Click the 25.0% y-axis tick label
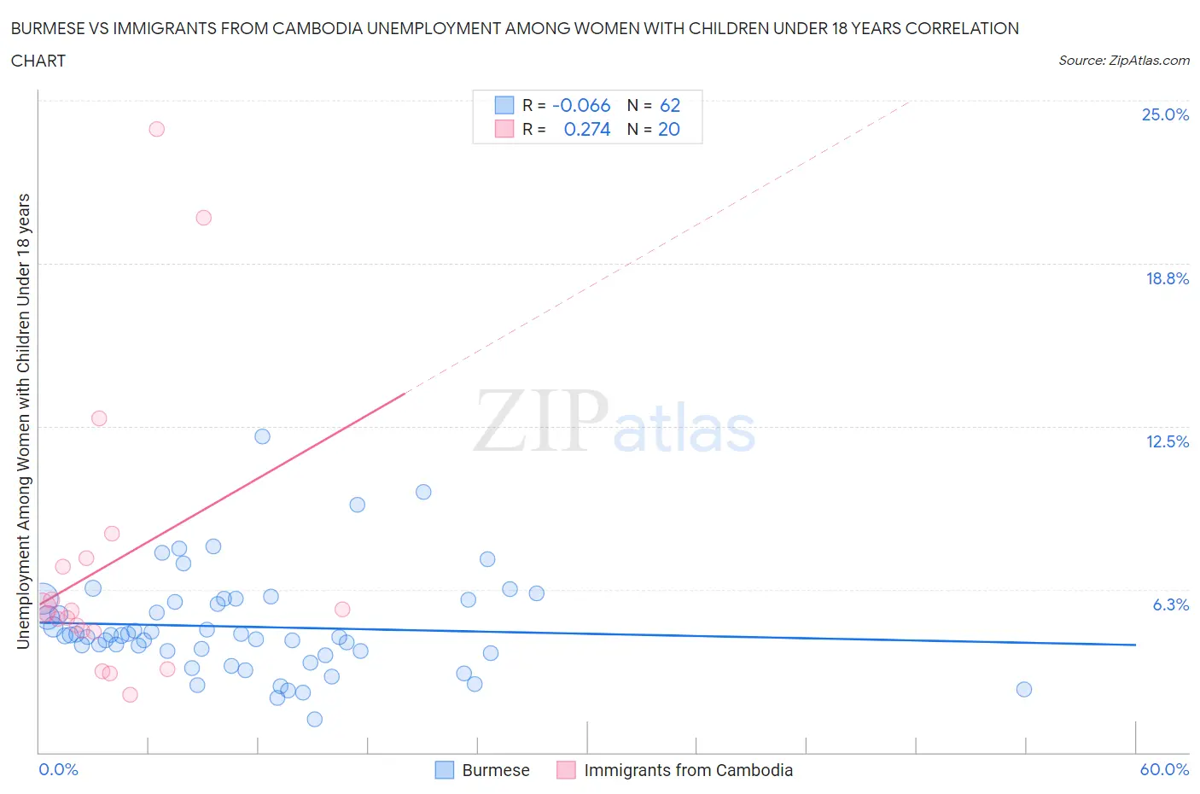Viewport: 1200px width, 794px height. (x=1165, y=114)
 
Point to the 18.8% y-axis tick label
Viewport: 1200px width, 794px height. (x=1167, y=278)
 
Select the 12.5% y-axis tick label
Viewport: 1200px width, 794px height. (x=1167, y=441)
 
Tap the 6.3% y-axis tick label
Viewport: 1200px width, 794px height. (x=1170, y=604)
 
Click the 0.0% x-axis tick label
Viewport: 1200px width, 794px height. (x=58, y=769)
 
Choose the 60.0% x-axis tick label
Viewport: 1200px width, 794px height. (x=1164, y=769)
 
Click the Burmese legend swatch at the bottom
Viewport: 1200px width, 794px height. (x=445, y=770)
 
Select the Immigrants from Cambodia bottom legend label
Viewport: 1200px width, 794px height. (x=688, y=770)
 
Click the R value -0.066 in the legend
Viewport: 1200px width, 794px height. (x=581, y=105)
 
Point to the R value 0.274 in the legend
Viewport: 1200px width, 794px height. (x=587, y=129)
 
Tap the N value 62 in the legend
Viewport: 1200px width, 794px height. (x=670, y=105)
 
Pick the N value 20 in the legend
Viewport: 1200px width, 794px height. (x=669, y=129)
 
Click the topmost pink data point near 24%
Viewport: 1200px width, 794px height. (x=156, y=129)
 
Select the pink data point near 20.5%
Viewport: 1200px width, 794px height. (x=203, y=218)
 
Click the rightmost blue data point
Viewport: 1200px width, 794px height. (x=1024, y=689)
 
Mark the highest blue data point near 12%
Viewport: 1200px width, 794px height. (x=262, y=436)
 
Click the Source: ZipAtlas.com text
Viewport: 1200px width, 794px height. (x=1123, y=61)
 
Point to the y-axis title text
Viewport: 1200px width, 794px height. (x=23, y=421)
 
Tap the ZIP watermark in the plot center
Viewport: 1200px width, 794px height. (x=541, y=420)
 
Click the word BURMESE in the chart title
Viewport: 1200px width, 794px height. (x=48, y=28)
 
